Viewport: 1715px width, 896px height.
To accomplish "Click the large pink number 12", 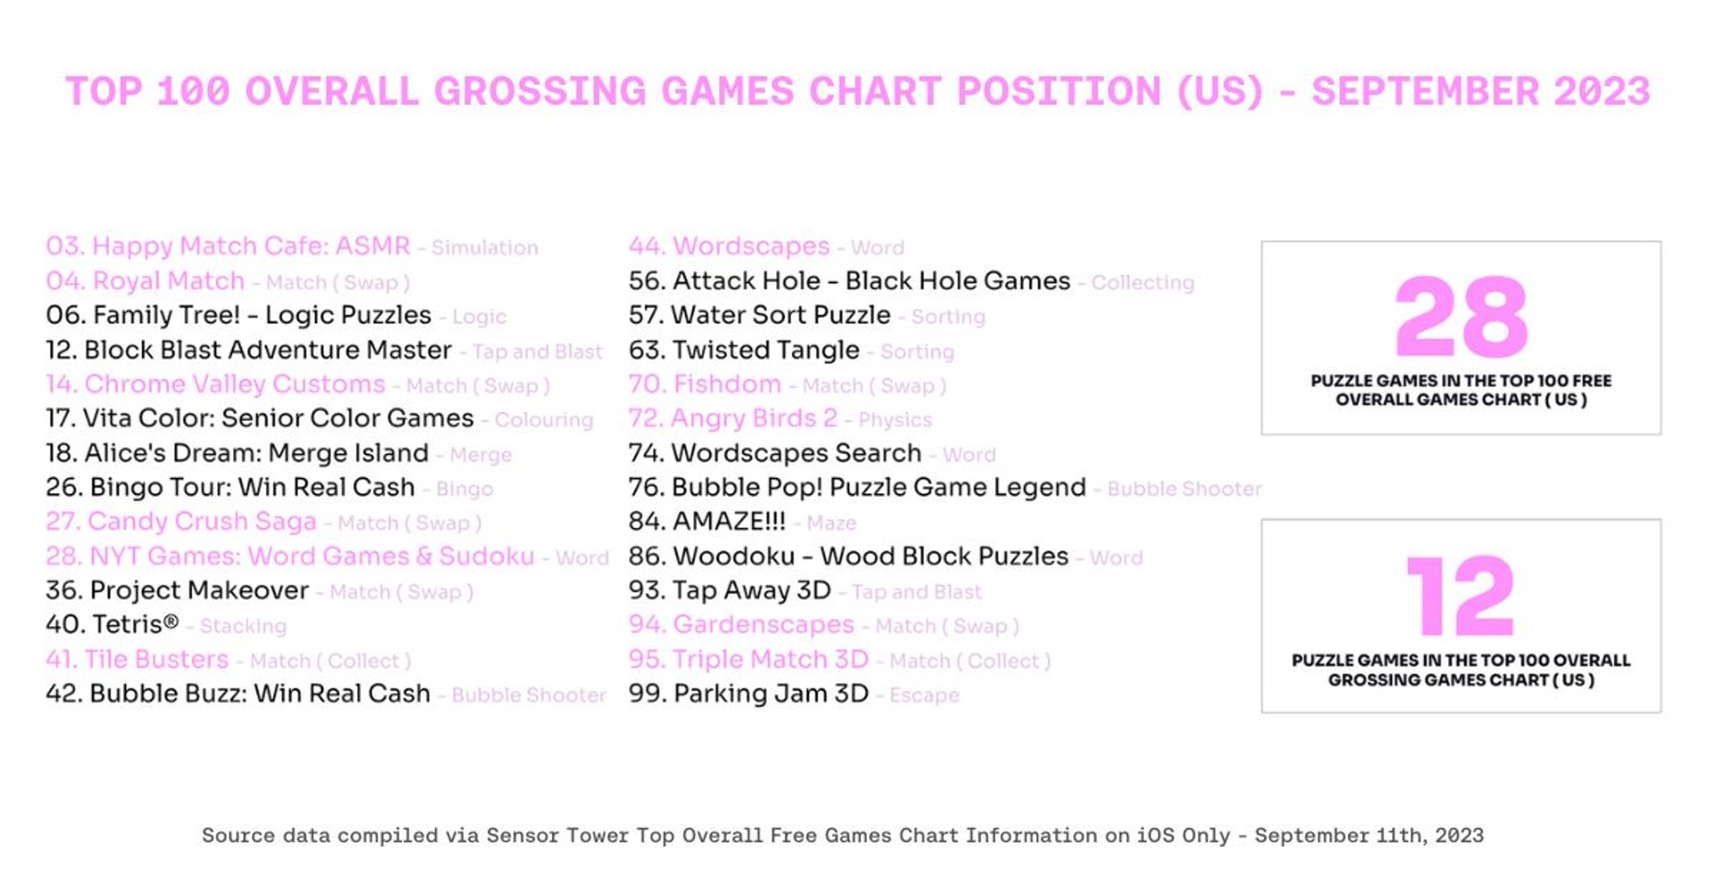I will [1460, 596].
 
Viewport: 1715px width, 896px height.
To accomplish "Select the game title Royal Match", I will [168, 281].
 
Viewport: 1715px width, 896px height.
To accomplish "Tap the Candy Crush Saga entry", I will [202, 522].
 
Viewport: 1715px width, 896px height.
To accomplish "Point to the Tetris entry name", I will [134, 624].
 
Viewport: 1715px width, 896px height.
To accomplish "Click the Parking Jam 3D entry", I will [771, 694].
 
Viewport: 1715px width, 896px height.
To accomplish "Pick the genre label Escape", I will [924, 696].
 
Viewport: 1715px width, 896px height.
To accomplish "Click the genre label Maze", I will [831, 523].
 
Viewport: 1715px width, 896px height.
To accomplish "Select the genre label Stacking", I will [243, 626].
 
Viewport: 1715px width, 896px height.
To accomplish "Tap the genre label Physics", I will [894, 420].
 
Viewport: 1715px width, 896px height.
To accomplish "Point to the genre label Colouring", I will [543, 420].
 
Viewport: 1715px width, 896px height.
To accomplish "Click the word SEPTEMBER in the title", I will [1425, 92].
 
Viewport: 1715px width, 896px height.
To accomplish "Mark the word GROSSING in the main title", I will [540, 92].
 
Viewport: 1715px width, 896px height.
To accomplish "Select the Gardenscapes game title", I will [764, 625].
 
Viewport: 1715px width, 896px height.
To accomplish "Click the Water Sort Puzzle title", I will [781, 315].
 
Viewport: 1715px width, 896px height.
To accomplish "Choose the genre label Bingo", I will [464, 489].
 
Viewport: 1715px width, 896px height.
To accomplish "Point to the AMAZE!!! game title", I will [728, 522].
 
